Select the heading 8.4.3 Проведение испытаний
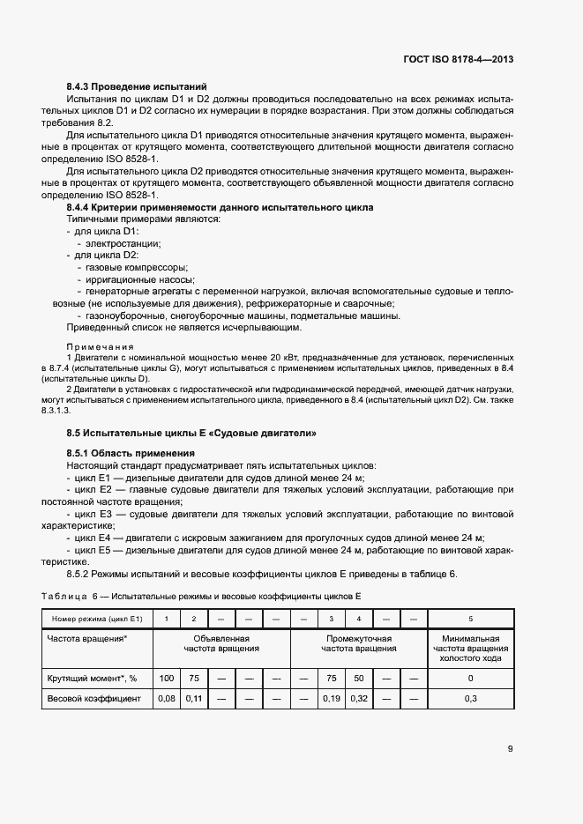tap(137, 86)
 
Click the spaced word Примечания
tap(100, 346)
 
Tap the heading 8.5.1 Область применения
tap(131, 453)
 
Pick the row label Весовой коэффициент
tap(93, 698)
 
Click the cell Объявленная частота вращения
tap(221, 643)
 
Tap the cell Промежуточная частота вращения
tap(358, 643)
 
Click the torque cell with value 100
tap(166, 678)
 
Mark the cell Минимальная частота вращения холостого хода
tap(470, 649)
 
